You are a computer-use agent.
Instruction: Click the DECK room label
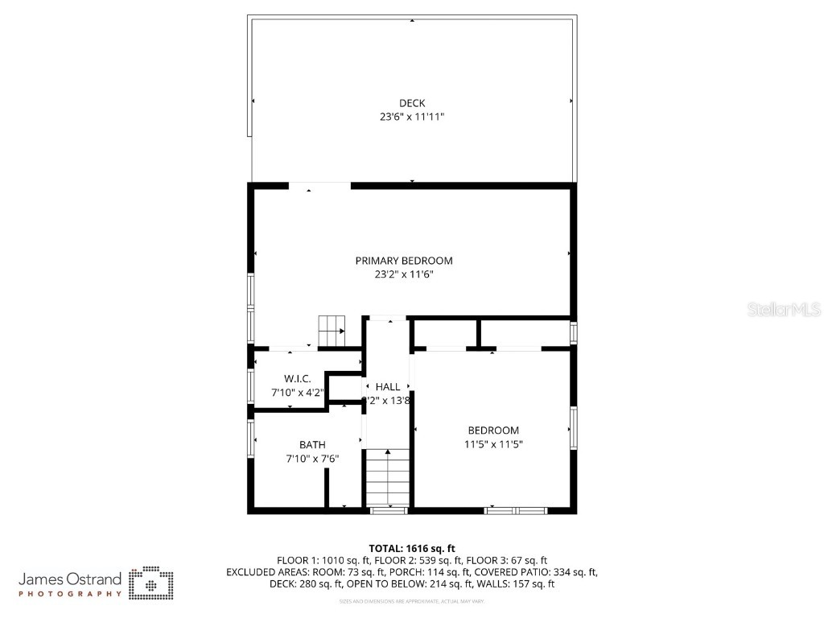tap(412, 102)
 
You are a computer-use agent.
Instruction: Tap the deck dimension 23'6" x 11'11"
tap(412, 117)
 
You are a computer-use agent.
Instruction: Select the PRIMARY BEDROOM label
tap(404, 260)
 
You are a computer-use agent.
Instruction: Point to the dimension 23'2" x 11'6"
tap(404, 274)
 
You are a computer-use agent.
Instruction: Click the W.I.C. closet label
tap(297, 378)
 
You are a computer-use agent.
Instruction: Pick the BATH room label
tap(312, 444)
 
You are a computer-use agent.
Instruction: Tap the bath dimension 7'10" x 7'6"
tap(312, 459)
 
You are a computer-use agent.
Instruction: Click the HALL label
tap(388, 387)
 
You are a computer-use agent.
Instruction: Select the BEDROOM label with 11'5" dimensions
tap(492, 430)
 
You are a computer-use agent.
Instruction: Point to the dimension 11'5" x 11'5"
tap(492, 444)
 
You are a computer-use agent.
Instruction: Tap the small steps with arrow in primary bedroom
tap(332, 331)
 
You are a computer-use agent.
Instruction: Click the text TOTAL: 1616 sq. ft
tap(412, 548)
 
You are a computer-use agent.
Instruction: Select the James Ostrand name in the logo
tap(70, 579)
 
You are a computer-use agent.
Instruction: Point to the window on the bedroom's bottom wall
tap(516, 509)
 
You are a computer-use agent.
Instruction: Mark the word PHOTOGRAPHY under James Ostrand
tap(70, 594)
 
